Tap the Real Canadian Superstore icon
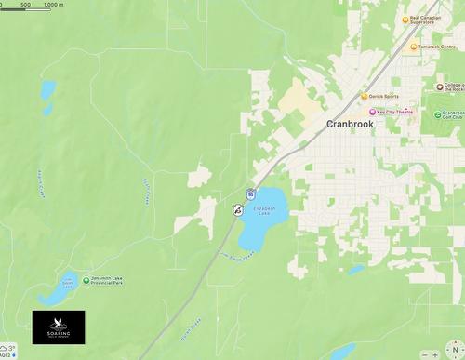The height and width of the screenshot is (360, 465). pos(404,19)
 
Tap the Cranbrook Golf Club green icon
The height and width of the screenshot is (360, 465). pos(436,114)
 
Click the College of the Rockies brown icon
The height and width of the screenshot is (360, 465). pos(440,87)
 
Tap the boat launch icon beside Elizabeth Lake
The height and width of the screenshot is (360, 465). pos(237,210)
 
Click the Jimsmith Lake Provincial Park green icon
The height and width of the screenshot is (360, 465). pos(86,280)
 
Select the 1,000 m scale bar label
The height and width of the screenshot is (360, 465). pos(53,5)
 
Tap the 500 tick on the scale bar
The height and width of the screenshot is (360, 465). pos(24,5)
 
